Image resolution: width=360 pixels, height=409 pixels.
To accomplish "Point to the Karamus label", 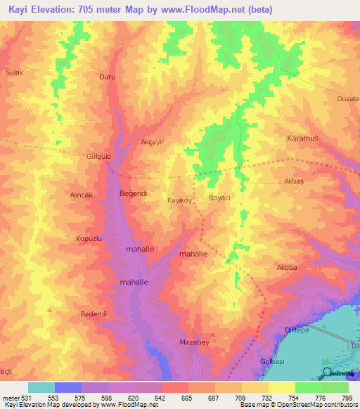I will click(x=302, y=138).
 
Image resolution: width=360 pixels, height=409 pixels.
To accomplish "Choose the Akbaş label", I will click(x=293, y=181).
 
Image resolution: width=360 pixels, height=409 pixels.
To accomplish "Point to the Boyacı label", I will click(x=220, y=198).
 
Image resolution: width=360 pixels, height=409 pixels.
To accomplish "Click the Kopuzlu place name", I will click(x=89, y=239).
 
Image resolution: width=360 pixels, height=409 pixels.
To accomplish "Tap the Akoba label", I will click(x=287, y=268).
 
